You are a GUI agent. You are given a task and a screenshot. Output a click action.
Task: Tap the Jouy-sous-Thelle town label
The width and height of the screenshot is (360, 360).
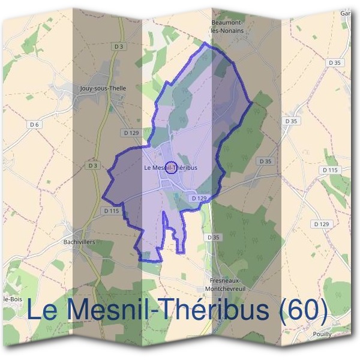pyautogui.click(x=103, y=88)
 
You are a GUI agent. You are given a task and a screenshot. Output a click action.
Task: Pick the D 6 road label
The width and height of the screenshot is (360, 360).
pyautogui.click(x=34, y=124)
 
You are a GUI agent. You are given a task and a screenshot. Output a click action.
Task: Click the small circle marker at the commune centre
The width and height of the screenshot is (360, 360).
pyautogui.click(x=171, y=167)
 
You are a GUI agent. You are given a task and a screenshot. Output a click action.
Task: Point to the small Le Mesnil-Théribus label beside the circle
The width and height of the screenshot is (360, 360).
pyautogui.click(x=171, y=168)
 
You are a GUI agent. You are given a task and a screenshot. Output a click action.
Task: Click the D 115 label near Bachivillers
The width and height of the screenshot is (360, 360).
pyautogui.click(x=112, y=211)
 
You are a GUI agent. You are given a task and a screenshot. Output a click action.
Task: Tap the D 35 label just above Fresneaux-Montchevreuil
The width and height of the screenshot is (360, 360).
pyautogui.click(x=213, y=238)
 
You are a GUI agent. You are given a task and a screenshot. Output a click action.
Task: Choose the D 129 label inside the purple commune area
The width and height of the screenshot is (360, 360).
pyautogui.click(x=199, y=198)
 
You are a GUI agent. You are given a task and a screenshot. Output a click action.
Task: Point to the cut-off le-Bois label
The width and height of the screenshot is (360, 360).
pyautogui.click(x=12, y=299)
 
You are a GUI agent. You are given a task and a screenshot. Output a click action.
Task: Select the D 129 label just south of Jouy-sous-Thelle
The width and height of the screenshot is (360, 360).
pyautogui.click(x=131, y=133)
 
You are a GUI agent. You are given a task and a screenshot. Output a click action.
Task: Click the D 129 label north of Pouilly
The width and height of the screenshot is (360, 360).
pyautogui.click(x=322, y=224)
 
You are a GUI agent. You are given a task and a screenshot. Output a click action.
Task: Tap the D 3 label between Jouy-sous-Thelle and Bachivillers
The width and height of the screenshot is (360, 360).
pyautogui.click(x=92, y=165)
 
